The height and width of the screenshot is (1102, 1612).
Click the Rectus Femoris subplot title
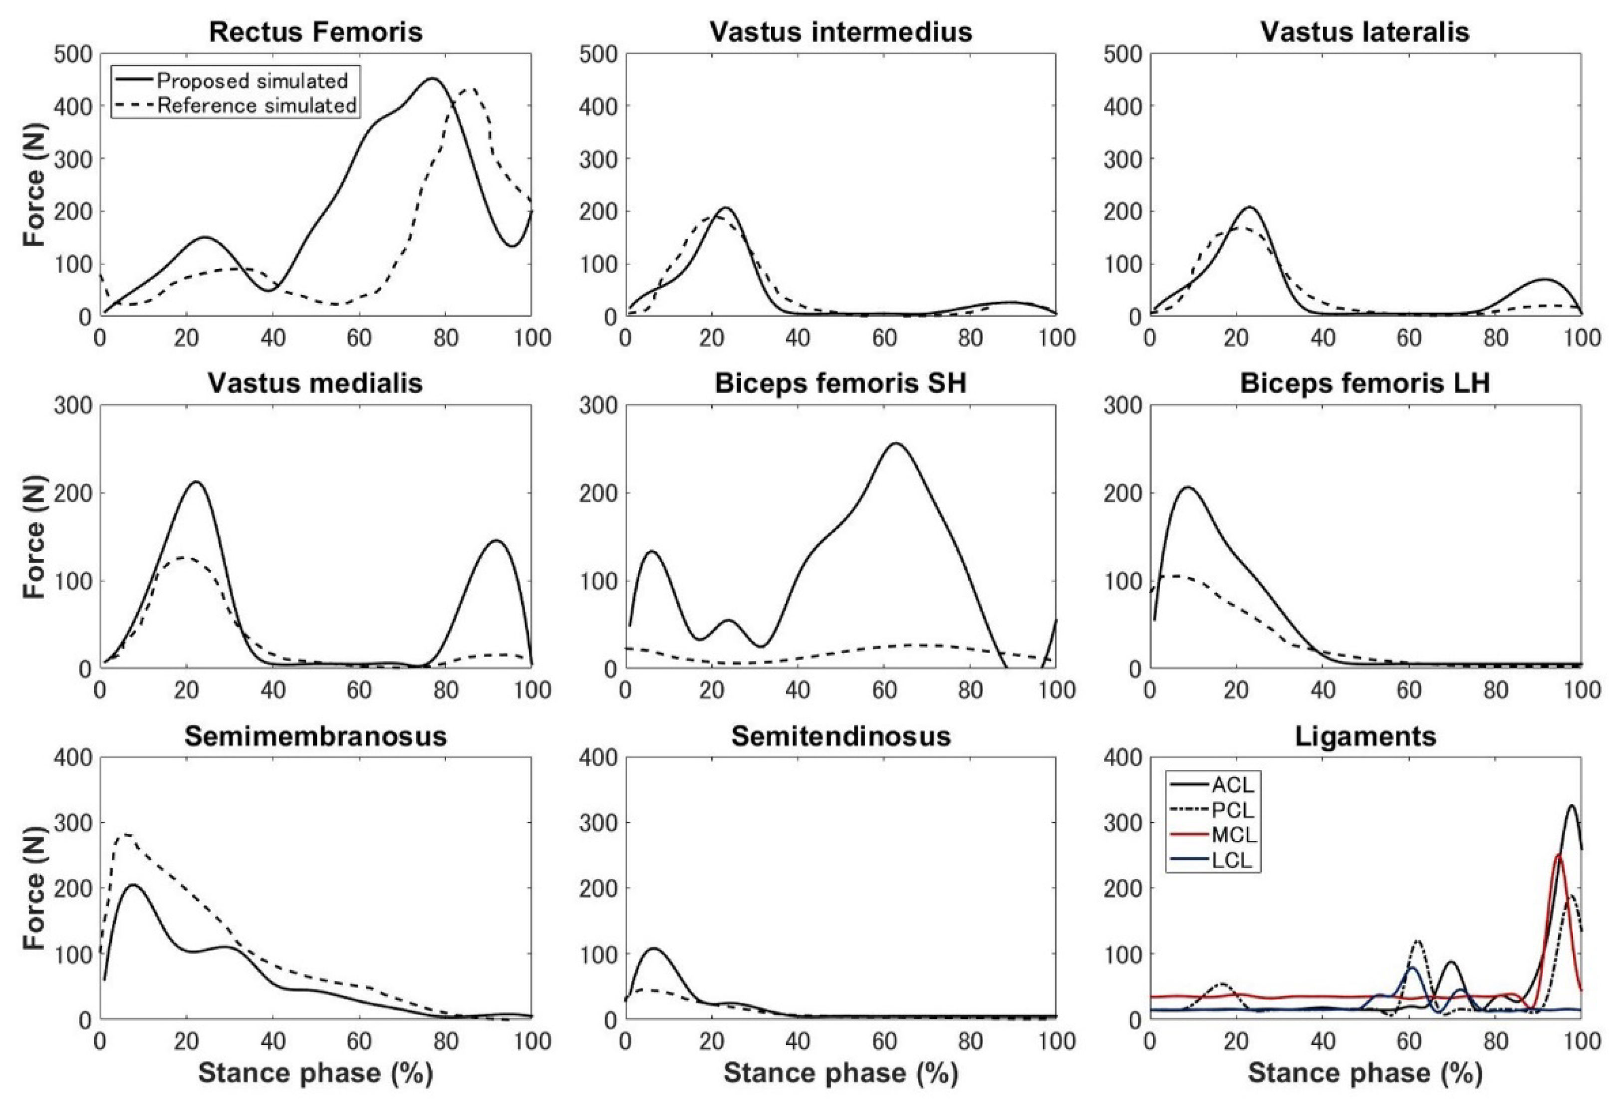pyautogui.click(x=315, y=32)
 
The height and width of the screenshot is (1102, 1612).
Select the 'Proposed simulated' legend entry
pyautogui.click(x=251, y=81)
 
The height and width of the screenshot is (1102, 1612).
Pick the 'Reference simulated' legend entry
pyautogui.click(x=257, y=105)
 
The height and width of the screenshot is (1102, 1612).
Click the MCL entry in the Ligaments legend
pyautogui.click(x=1234, y=835)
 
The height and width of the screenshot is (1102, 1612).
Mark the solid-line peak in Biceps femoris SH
pyautogui.click(x=895, y=443)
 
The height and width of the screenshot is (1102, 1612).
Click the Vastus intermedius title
pyautogui.click(x=840, y=32)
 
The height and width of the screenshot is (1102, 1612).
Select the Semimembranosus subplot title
pyautogui.click(x=315, y=736)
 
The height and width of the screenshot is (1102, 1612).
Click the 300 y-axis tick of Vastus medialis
pyautogui.click(x=72, y=406)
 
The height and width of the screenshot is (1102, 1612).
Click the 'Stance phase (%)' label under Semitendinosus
pyautogui.click(x=840, y=1073)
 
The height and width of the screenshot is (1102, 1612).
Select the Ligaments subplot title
pyautogui.click(x=1365, y=736)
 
